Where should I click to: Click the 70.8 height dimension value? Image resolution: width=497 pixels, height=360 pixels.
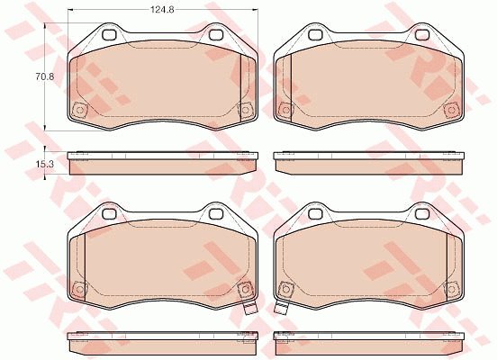[x=45, y=76]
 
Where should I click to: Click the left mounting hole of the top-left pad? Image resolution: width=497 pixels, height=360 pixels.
[x=109, y=34]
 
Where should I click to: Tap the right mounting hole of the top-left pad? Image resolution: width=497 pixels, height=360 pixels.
[x=216, y=34]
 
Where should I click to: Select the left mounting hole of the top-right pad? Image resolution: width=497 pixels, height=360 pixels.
[x=315, y=34]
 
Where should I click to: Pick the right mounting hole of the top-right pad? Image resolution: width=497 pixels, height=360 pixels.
[x=422, y=34]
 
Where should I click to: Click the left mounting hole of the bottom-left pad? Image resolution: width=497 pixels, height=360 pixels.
[x=109, y=213]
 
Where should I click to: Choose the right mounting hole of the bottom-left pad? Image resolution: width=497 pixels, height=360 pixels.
[x=216, y=213]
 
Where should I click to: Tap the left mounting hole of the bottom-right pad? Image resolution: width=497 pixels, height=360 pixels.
[x=315, y=213]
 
